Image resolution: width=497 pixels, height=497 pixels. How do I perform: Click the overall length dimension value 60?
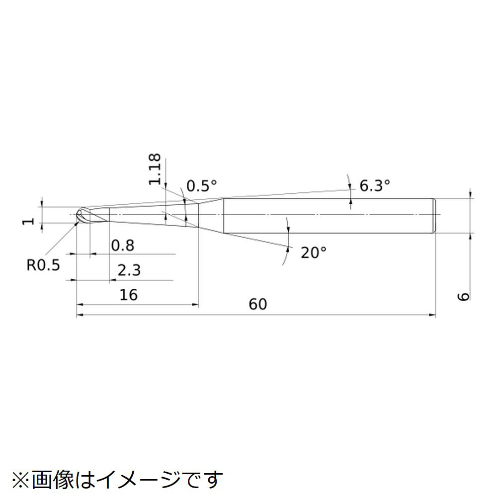[257, 304]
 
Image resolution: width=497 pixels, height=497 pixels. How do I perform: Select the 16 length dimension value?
[128, 295]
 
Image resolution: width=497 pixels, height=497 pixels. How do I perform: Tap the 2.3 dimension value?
[129, 271]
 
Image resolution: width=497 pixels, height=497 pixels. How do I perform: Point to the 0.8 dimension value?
[122, 245]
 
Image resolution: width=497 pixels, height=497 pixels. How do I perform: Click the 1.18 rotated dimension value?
[155, 169]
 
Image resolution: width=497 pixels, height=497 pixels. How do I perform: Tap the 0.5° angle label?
[202, 186]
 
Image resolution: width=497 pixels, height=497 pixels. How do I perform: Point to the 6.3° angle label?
[374, 186]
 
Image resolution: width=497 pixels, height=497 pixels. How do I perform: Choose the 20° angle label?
[313, 253]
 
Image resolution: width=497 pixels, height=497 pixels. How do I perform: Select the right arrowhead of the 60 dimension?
[432, 315]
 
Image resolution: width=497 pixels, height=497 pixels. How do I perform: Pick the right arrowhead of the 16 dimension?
[195, 305]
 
